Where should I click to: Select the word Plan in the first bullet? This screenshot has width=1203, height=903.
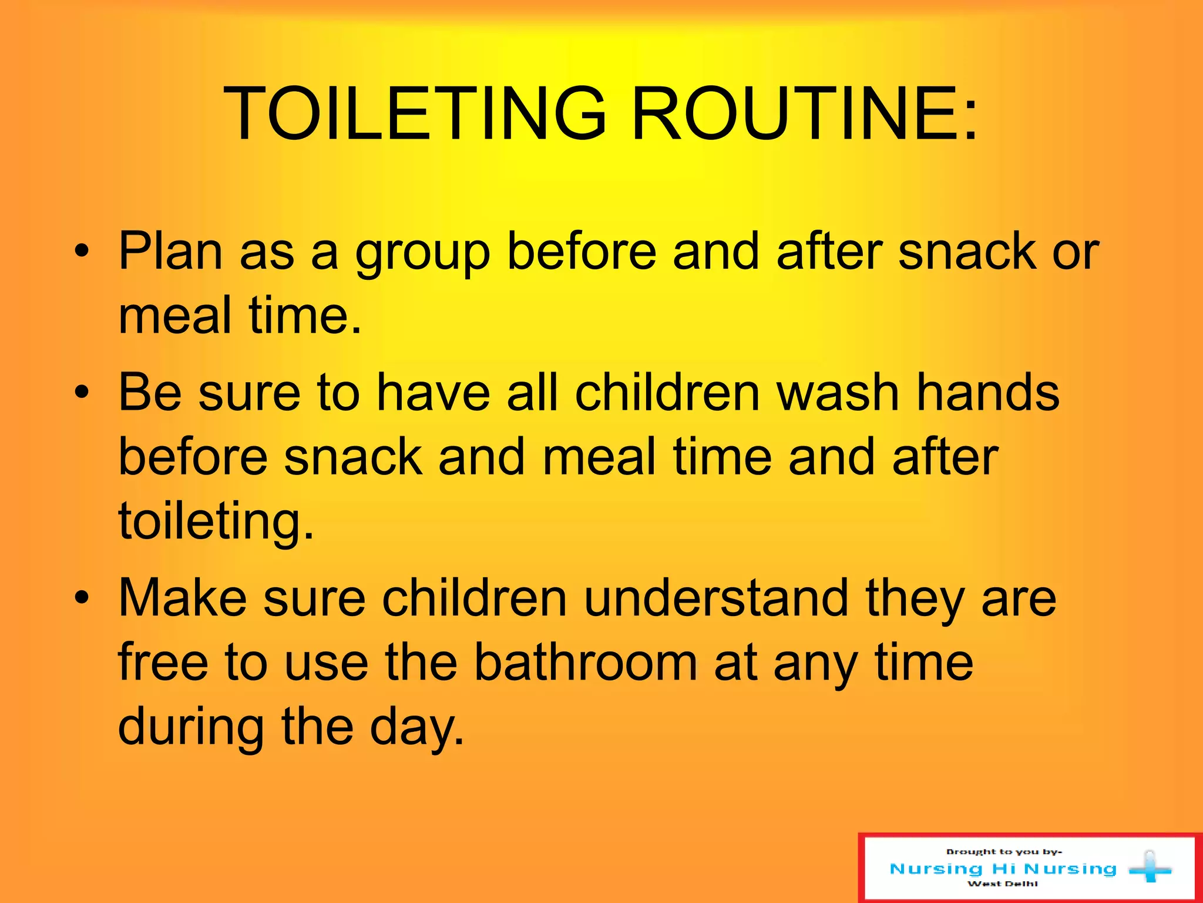[x=171, y=251]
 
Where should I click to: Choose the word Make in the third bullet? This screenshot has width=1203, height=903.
[x=183, y=598]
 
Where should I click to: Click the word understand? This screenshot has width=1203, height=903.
[x=717, y=598]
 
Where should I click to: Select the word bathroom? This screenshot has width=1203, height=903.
[x=585, y=663]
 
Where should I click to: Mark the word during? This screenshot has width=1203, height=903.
[x=191, y=727]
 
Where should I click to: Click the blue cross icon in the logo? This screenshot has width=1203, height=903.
[x=1150, y=868]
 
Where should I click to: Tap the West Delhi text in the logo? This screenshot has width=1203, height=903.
[x=1002, y=884]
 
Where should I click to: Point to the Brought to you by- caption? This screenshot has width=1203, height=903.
[x=1003, y=851]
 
